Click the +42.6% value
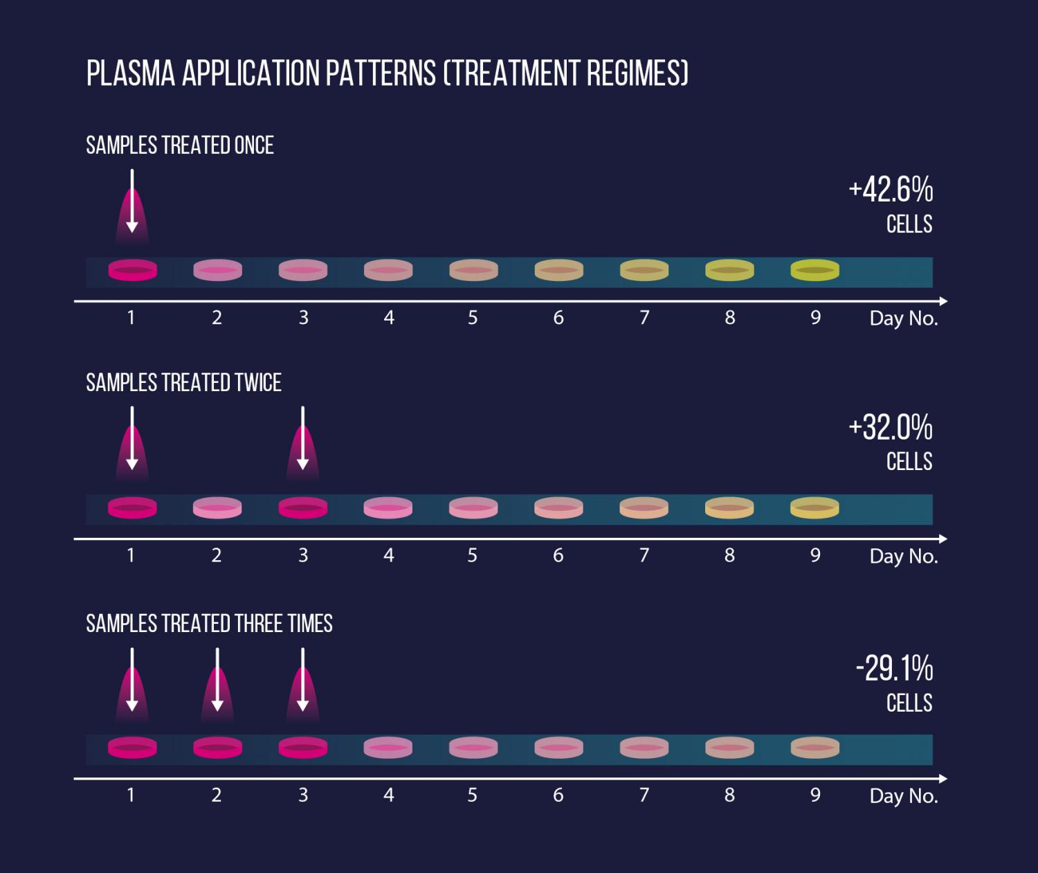(891, 190)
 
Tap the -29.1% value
(894, 669)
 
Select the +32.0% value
(891, 427)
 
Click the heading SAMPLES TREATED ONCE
(180, 145)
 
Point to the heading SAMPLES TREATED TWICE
(183, 383)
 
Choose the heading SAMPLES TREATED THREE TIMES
(209, 624)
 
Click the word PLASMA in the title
(131, 73)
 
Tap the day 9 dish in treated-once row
(814, 270)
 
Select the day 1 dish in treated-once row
(132, 270)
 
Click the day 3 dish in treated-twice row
(302, 507)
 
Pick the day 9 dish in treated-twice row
(814, 507)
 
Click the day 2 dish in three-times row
(217, 748)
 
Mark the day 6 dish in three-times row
(558, 748)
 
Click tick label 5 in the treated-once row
(473, 318)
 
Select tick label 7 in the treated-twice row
(644, 555)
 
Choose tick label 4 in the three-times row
(388, 795)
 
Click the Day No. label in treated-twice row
(903, 556)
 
